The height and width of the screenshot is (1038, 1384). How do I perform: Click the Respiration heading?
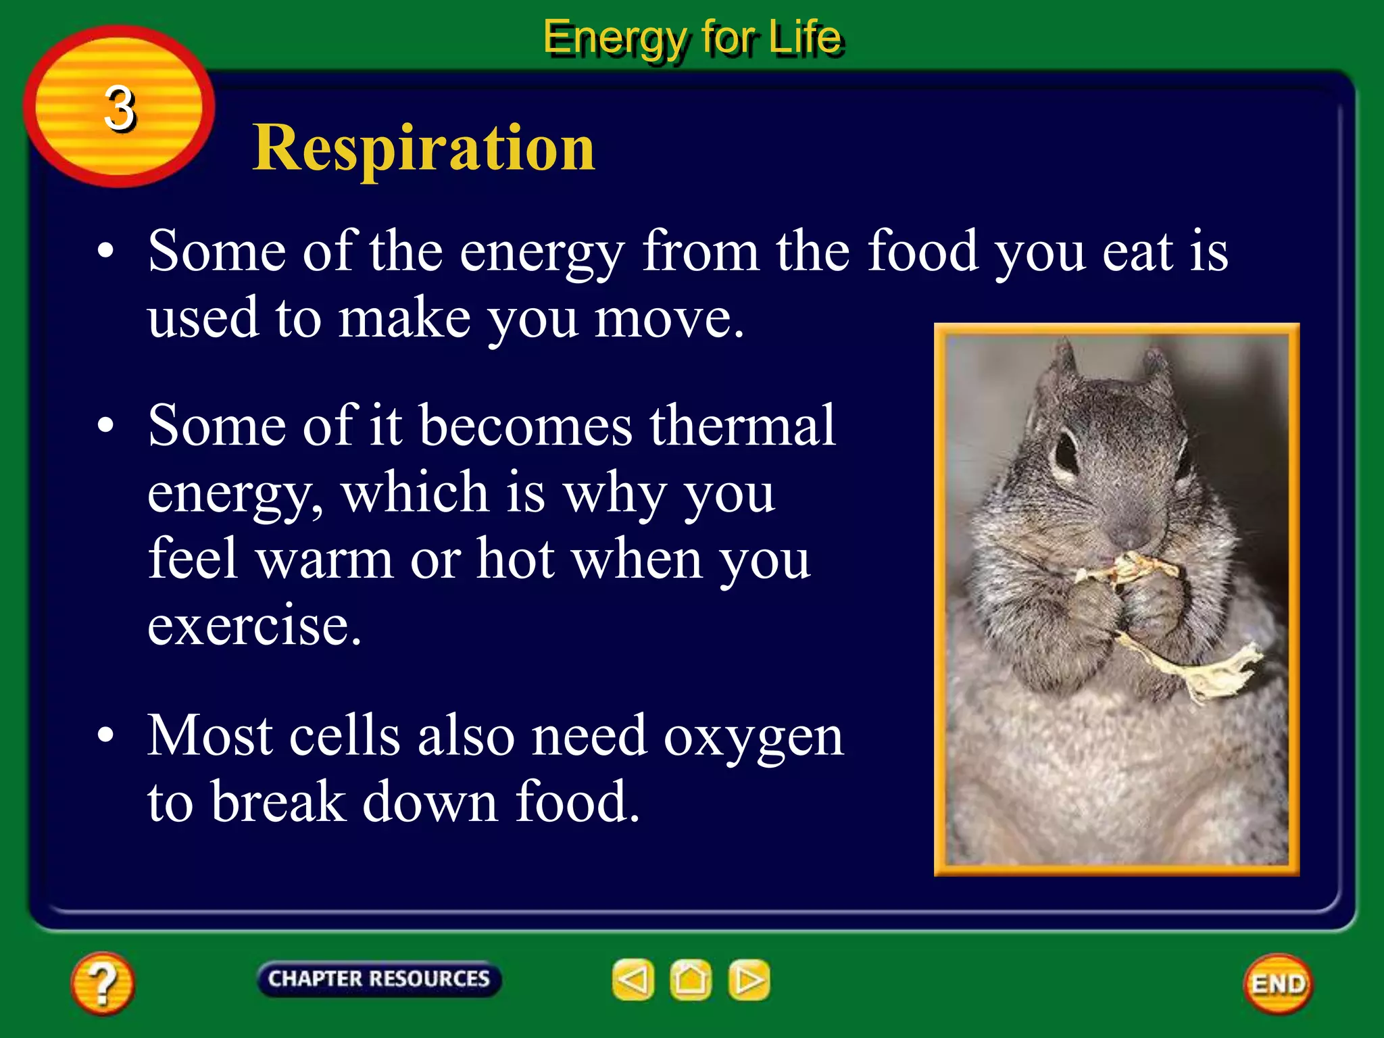click(424, 148)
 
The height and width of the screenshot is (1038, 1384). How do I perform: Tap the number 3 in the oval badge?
click(120, 108)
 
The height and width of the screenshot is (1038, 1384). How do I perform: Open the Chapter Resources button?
click(378, 979)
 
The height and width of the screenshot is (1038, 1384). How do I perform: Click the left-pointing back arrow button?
click(633, 979)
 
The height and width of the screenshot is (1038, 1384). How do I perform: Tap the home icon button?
click(691, 979)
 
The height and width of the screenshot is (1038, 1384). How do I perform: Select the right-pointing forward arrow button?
click(749, 979)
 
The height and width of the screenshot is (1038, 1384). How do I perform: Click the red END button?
click(1277, 984)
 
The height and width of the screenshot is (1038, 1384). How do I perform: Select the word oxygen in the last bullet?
click(753, 736)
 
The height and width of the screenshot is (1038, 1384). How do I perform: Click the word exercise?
click(254, 624)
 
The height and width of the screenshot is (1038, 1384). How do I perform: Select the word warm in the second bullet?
click(325, 559)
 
